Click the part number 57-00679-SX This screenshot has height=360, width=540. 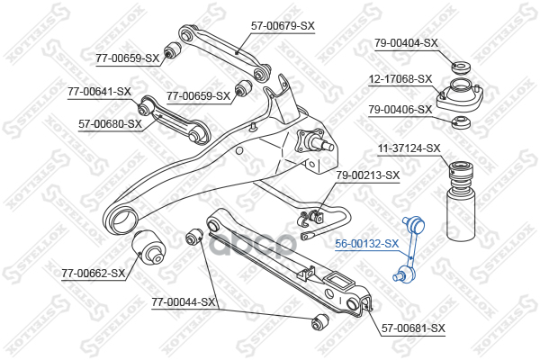[x=283, y=26]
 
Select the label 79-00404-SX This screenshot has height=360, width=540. [x=406, y=43]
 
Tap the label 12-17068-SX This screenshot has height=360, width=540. [x=400, y=79]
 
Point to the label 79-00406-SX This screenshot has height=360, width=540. [x=400, y=110]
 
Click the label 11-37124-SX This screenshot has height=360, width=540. [x=409, y=148]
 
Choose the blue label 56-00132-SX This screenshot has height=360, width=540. [x=367, y=244]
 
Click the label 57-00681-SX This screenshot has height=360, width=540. [x=413, y=328]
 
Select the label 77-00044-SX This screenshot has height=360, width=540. [x=184, y=302]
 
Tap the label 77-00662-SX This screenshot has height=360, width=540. [x=94, y=274]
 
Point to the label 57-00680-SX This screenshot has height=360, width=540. [x=110, y=123]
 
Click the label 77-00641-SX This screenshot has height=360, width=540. [x=100, y=92]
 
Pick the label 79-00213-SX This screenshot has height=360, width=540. [x=368, y=175]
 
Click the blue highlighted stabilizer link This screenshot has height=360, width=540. [x=409, y=249]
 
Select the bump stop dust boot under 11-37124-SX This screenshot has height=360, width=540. [x=461, y=202]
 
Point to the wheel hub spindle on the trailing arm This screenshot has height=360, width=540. [x=315, y=142]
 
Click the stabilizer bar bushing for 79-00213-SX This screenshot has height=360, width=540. [x=316, y=216]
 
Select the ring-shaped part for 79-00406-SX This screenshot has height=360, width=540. [x=461, y=122]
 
